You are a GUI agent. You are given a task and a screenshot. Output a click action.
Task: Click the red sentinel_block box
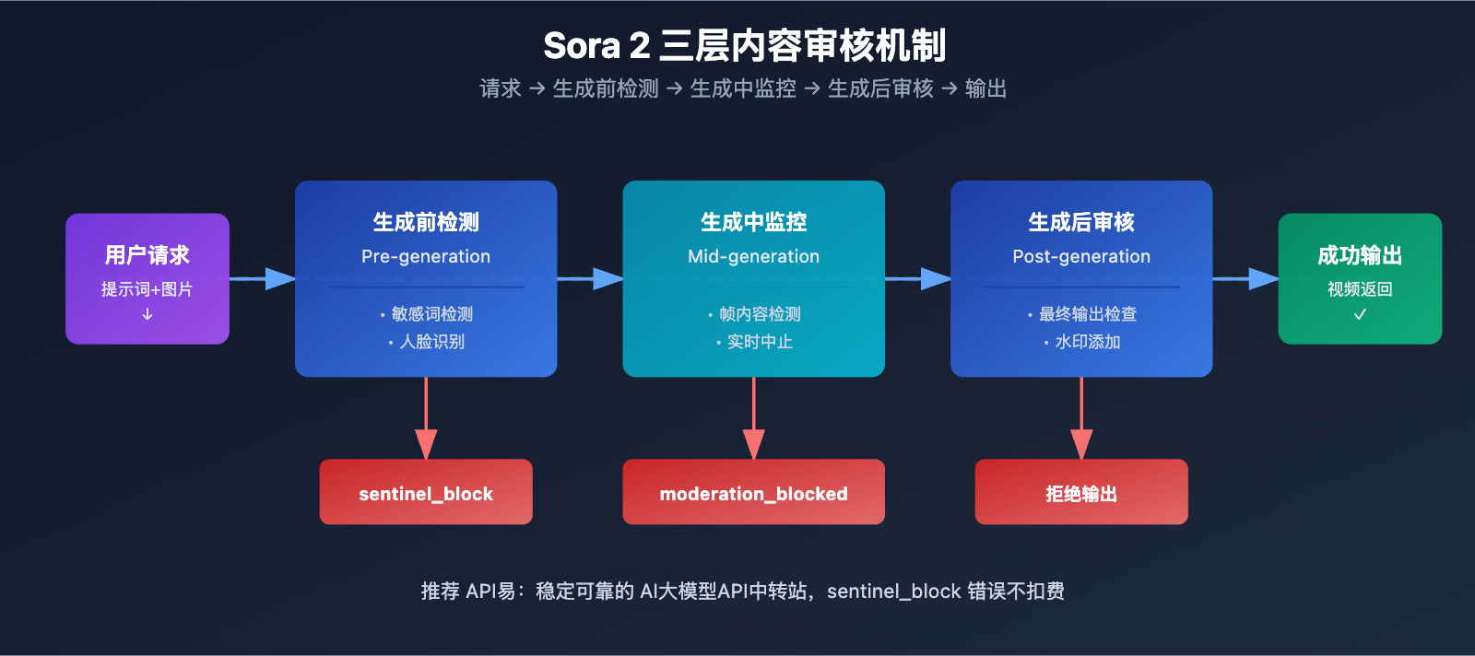[x=426, y=493]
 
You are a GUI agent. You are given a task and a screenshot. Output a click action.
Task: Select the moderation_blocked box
[x=753, y=493]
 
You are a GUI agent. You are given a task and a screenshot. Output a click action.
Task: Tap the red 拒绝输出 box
[x=1081, y=493]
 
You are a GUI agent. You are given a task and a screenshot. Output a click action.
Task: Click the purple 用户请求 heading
[x=147, y=255]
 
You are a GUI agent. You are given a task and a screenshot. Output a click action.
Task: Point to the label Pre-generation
[x=426, y=256]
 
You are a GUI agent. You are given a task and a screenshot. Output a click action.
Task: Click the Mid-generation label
[x=753, y=256]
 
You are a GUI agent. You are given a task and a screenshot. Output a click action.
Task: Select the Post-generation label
[x=1081, y=256]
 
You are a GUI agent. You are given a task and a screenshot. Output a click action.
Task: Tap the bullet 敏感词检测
[x=431, y=314]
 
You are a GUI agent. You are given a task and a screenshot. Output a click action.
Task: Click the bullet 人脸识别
[x=431, y=342]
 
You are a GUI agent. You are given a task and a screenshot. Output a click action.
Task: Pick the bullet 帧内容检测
[x=759, y=314]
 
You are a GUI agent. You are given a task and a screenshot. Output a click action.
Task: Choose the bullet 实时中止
[x=759, y=342]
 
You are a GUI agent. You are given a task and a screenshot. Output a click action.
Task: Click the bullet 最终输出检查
[x=1087, y=314]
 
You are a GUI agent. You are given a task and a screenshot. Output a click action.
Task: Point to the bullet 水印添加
[x=1087, y=342]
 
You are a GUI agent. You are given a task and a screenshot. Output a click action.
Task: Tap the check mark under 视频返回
[x=1360, y=314]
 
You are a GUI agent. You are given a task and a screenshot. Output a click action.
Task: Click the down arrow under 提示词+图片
[x=147, y=314]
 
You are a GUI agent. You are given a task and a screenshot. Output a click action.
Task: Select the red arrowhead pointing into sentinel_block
[x=426, y=444]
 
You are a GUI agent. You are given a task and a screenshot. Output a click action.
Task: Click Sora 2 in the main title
[x=596, y=46]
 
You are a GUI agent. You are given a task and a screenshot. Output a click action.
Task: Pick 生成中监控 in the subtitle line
[x=743, y=88]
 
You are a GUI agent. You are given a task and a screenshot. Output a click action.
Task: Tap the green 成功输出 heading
[x=1360, y=255]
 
